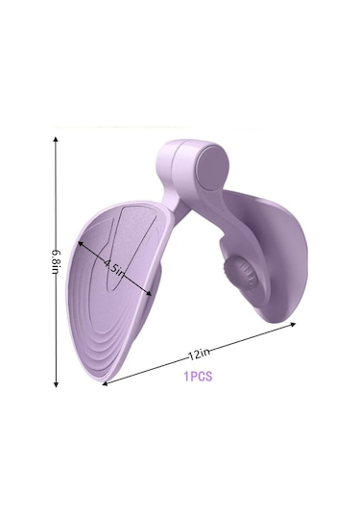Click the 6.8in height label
click(56, 262)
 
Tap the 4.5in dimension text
click(115, 268)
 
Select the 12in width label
click(199, 354)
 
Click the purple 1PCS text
click(198, 377)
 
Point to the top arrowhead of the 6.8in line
click(56, 139)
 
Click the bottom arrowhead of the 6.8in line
click(56, 384)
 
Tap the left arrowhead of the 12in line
click(105, 383)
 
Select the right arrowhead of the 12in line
click(293, 324)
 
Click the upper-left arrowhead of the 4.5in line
click(80, 243)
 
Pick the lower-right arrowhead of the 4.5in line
click(149, 293)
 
